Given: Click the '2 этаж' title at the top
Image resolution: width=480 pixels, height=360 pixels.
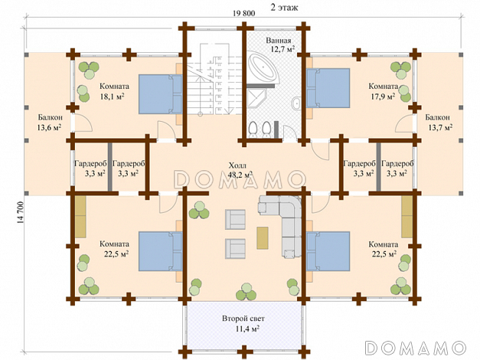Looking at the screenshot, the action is click(284, 8).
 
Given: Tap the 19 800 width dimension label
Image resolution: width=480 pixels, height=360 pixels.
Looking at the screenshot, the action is click(243, 14).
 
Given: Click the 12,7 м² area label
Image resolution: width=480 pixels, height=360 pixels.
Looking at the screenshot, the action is click(282, 49).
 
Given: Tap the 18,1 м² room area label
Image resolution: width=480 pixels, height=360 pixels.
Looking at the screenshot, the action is click(112, 97).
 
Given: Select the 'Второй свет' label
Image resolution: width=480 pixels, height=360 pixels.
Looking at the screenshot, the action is click(243, 319).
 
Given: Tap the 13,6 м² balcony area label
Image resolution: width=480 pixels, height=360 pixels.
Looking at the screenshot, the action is click(49, 127).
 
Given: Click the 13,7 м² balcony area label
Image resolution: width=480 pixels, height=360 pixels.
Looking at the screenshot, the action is click(440, 127).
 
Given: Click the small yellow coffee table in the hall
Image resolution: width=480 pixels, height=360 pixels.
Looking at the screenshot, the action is click(263, 237).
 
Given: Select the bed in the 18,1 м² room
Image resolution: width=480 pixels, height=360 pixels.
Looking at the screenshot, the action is click(161, 94).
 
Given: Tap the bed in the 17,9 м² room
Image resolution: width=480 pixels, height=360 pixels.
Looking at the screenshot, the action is click(328, 88).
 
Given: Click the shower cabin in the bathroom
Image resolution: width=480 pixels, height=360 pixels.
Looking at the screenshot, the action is click(256, 98).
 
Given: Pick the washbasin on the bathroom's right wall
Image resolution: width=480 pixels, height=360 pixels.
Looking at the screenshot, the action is click(296, 103).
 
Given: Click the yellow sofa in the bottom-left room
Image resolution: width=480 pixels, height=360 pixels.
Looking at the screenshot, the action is click(80, 217).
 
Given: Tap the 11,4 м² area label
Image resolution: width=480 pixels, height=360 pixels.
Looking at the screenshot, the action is click(247, 329).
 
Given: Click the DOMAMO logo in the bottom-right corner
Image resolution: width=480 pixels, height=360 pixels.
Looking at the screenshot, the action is click(416, 348).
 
